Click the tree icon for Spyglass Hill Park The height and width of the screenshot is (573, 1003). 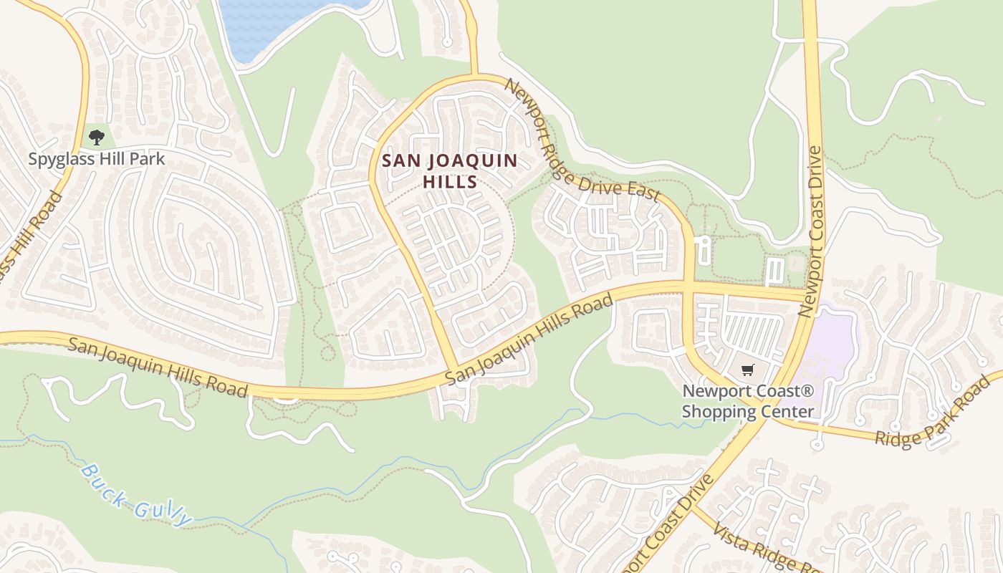tap(96, 137)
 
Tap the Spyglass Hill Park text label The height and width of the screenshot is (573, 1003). tap(97, 159)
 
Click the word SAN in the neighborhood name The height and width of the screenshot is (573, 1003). tap(398, 160)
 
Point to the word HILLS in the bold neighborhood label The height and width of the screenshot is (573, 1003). tap(450, 182)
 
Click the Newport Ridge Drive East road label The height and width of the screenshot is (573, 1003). tap(582, 140)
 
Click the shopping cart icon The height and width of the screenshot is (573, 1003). tap(748, 370)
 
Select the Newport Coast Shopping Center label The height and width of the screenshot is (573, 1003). tap(748, 401)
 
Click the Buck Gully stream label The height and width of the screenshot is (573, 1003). tap(136, 494)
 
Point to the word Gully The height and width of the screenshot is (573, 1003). tap(165, 508)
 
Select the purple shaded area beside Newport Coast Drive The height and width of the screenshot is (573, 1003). tap(831, 344)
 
